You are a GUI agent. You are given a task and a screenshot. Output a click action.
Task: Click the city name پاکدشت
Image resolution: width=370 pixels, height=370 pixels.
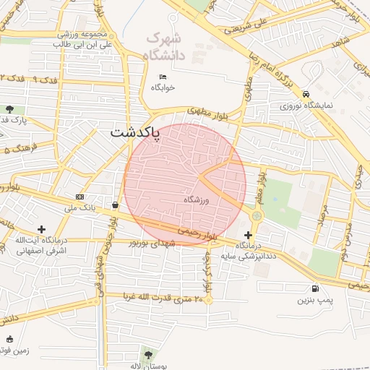(x=135, y=133)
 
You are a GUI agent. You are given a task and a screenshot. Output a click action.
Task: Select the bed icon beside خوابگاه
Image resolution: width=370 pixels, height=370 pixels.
(x=162, y=77)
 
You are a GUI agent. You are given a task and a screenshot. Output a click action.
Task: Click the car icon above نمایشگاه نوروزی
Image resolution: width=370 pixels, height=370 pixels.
(x=307, y=94)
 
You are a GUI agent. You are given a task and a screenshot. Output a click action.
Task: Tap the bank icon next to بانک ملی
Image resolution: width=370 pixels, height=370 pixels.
(x=79, y=197)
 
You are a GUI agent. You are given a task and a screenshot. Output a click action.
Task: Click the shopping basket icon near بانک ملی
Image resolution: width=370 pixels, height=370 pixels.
(x=115, y=205)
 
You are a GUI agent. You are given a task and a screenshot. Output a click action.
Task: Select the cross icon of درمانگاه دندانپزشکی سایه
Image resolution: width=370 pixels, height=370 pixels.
(x=249, y=235)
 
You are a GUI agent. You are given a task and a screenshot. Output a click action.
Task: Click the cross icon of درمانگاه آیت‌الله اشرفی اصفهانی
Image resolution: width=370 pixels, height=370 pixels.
(x=41, y=229)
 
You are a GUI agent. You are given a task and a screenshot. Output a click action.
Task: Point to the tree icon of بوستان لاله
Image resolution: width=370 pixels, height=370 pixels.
(x=148, y=355)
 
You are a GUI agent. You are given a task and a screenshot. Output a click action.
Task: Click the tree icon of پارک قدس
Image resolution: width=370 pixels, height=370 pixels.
(x=9, y=109)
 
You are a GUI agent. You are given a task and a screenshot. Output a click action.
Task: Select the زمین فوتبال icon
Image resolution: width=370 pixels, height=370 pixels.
(x=9, y=339)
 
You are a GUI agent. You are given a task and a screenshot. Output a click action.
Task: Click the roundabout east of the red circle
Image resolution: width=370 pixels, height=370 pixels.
(x=257, y=215)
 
